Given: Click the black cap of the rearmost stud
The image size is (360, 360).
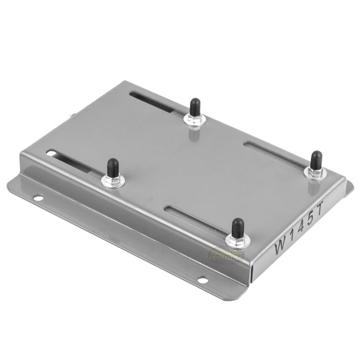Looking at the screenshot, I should (x=194, y=106).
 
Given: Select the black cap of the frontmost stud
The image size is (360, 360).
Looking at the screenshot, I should (x=238, y=227).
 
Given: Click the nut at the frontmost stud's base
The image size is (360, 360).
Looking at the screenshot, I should (x=238, y=239).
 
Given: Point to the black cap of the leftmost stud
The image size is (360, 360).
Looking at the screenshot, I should (x=112, y=166).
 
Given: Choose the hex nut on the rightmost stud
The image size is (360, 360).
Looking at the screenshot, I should (x=316, y=172).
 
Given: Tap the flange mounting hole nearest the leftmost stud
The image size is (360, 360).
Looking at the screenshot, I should (x=37, y=197).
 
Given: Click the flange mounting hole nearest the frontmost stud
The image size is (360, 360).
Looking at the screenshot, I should (x=203, y=280).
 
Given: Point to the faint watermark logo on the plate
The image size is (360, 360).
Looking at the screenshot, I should (x=225, y=255).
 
